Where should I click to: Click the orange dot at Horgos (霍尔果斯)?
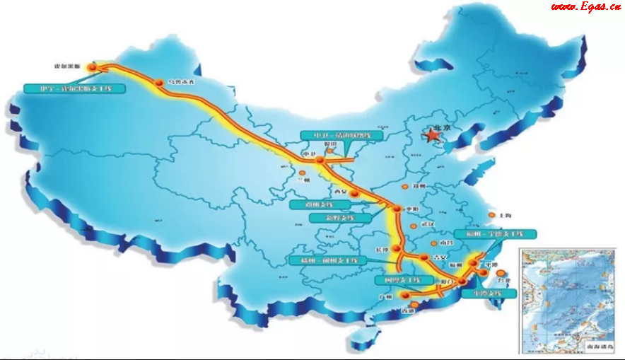pos(91,67)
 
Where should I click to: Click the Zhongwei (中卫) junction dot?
pos(320,161)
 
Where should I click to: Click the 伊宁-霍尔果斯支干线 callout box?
pos(74,89)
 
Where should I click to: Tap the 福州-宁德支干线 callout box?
pos(496,233)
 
